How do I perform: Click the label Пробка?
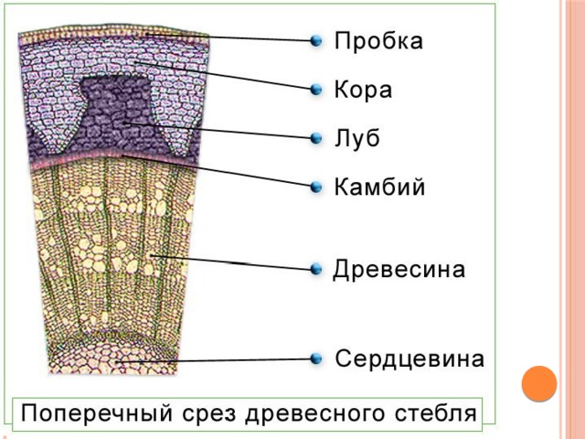point(378,42)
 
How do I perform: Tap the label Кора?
point(363,90)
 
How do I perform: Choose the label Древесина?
point(399,270)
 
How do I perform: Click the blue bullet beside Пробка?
point(316,41)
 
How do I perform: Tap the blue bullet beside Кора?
point(316,90)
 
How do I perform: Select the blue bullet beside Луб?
point(316,139)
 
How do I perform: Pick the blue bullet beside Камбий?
point(316,187)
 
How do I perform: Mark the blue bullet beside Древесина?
point(316,270)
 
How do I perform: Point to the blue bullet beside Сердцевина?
point(316,358)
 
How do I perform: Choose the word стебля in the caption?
point(433,412)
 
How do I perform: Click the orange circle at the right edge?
point(539,383)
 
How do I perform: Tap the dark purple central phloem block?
point(117,114)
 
